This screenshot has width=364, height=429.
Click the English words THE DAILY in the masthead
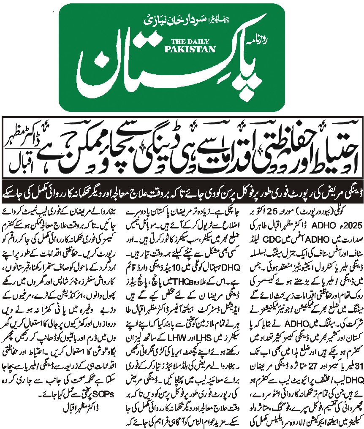coord(193,42)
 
